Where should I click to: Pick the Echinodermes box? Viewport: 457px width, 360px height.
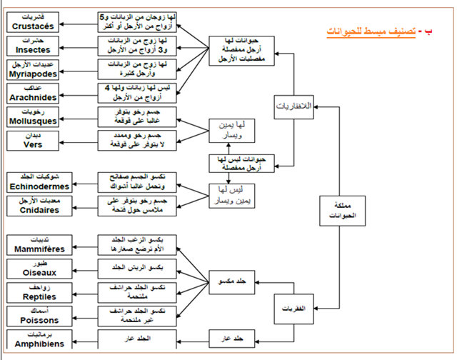click(39, 181)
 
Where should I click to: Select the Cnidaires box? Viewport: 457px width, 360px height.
click(39, 205)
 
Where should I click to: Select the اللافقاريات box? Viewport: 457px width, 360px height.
click(293, 106)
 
